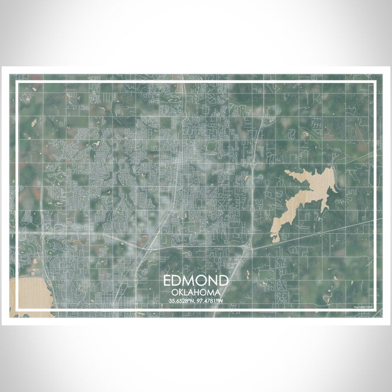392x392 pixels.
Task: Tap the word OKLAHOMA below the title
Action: click(x=196, y=292)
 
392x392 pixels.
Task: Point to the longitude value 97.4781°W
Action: click(x=211, y=301)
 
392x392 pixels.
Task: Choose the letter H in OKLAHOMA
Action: click(x=199, y=292)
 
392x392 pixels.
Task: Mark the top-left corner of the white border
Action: click(x=17, y=82)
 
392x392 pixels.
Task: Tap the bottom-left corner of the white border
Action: click(x=17, y=310)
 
